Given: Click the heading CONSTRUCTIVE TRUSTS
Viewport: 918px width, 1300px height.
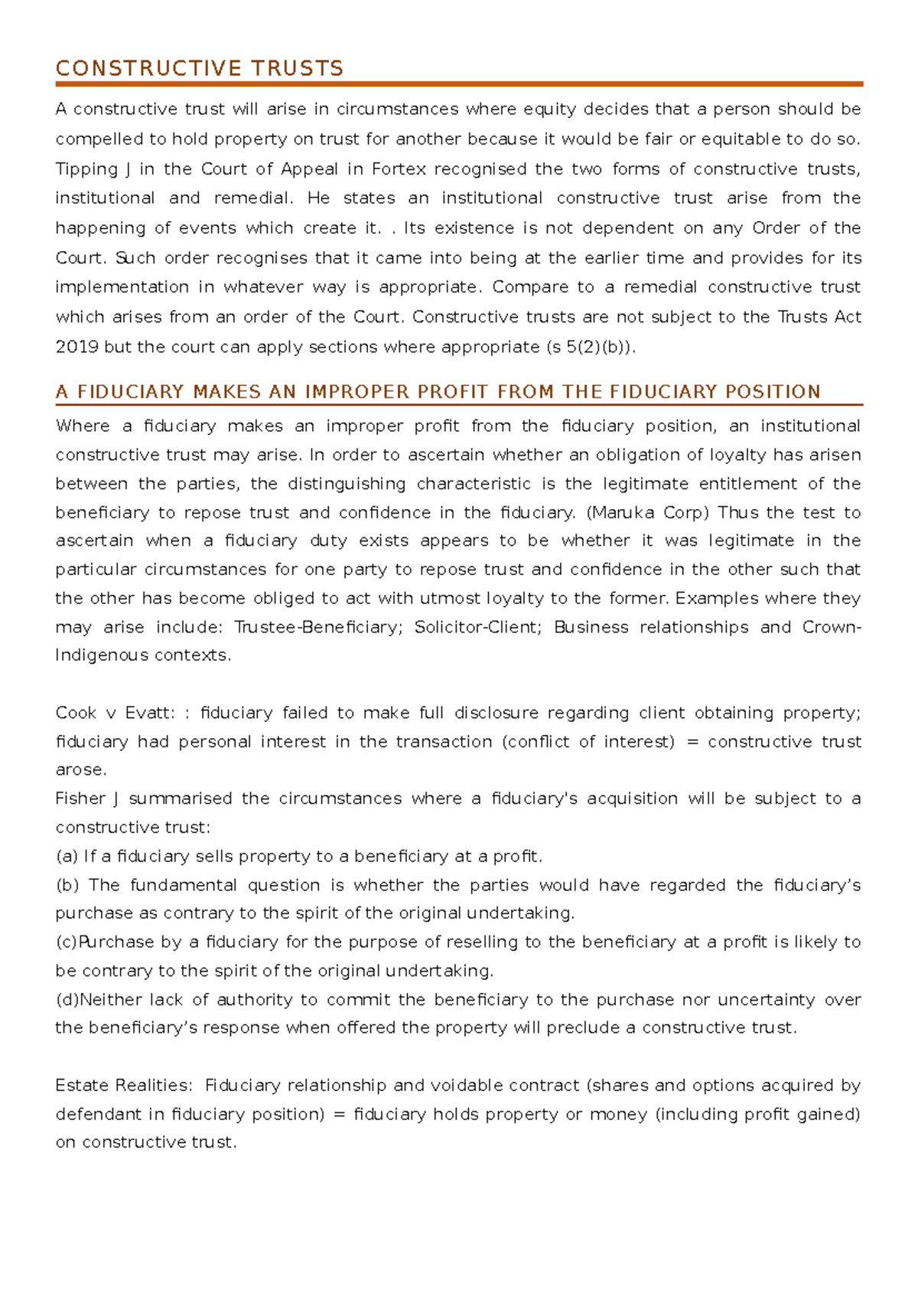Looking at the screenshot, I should [200, 69].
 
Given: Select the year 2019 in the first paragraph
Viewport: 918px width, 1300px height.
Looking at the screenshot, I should [76, 347].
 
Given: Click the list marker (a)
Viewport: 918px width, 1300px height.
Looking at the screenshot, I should [67, 856].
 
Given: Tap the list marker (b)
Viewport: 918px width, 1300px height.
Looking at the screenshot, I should [67, 885].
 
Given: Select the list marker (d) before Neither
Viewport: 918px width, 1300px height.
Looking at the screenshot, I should [67, 1000].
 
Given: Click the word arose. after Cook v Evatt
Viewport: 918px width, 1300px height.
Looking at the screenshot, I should [81, 770].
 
